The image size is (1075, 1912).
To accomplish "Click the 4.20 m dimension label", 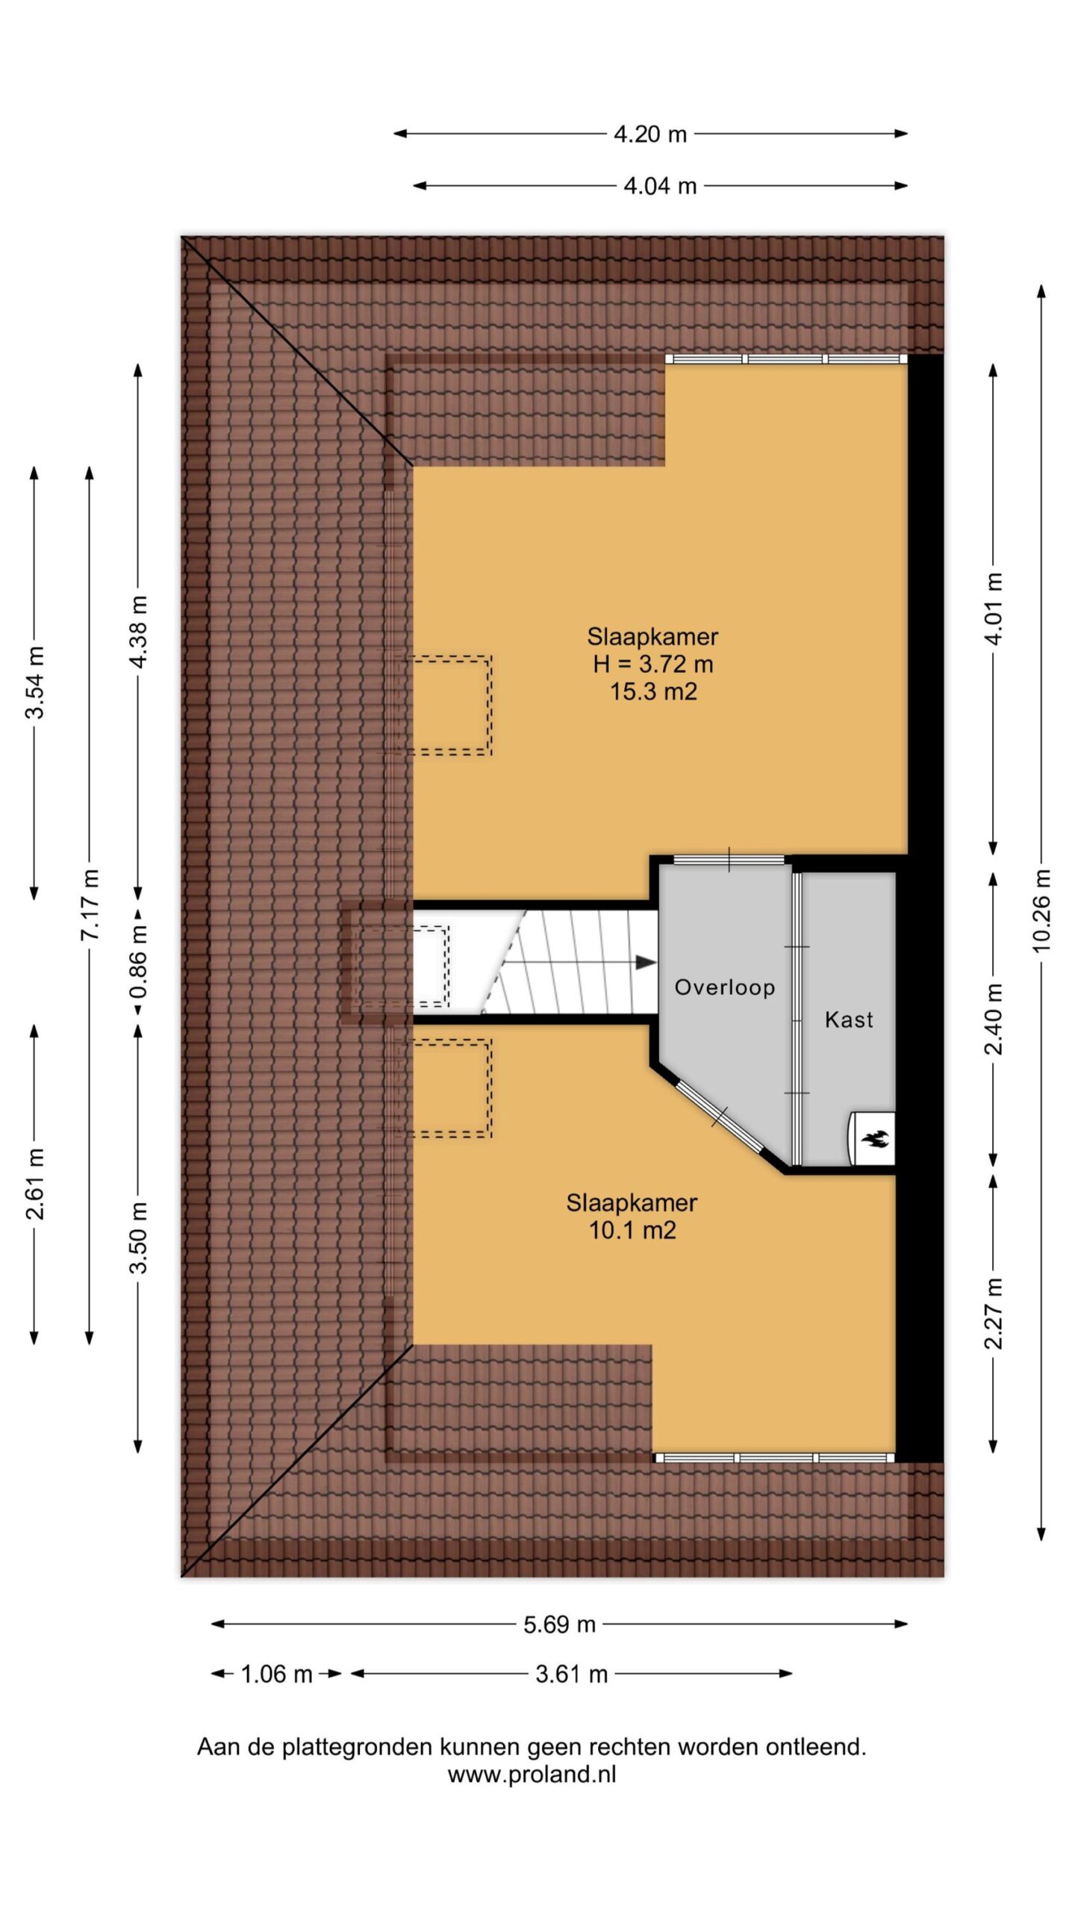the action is tap(649, 134).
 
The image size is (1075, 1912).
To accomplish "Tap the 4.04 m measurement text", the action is tap(660, 185).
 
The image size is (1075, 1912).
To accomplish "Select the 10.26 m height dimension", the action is tap(1041, 910).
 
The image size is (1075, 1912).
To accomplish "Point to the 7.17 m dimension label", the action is tap(90, 904).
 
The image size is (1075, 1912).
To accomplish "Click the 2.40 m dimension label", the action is tap(993, 1018).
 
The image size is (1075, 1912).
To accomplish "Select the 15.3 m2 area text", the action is tap(653, 691).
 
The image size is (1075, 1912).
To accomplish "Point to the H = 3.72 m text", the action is tap(653, 663).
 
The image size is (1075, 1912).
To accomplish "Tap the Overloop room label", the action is tap(724, 987).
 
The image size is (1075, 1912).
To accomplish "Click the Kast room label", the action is tap(849, 1019).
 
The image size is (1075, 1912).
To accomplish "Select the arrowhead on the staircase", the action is tap(646, 963).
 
